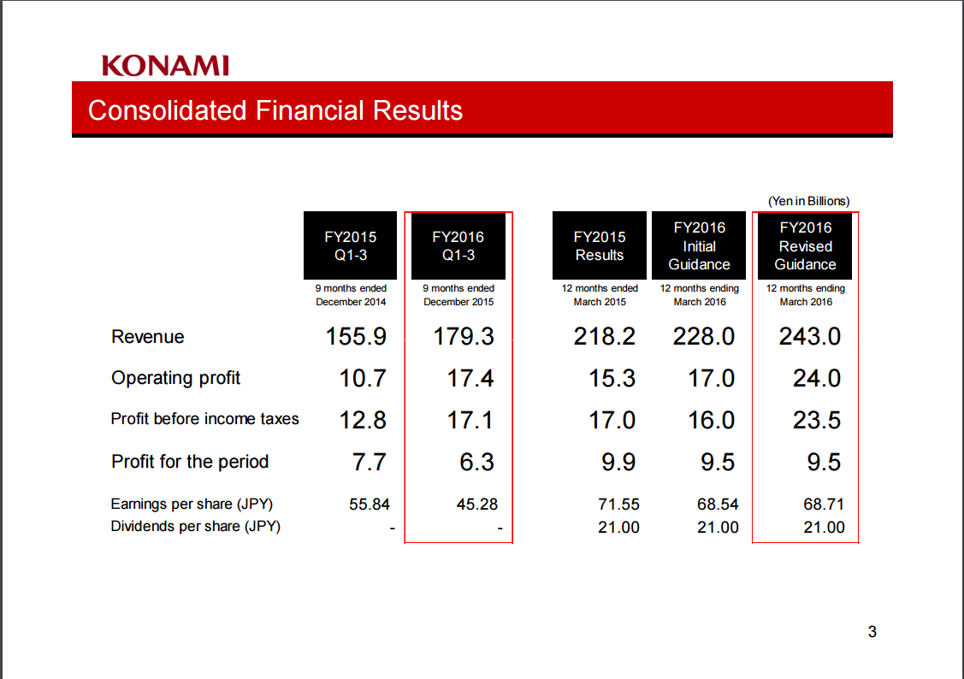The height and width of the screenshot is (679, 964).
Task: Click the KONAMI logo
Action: (x=165, y=66)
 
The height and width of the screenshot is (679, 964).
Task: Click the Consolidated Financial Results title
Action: (x=275, y=110)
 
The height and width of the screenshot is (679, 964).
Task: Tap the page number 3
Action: (x=872, y=632)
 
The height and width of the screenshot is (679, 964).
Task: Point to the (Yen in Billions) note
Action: (x=808, y=201)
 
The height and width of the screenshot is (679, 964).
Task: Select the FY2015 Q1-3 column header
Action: (x=351, y=245)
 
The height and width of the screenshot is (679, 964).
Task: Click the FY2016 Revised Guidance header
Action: (x=806, y=245)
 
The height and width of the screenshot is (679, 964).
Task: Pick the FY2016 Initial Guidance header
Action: (x=699, y=245)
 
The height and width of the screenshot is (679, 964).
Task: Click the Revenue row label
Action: (x=147, y=337)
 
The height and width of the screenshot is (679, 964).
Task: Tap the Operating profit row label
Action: (x=176, y=378)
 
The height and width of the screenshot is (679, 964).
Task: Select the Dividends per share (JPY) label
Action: (x=196, y=527)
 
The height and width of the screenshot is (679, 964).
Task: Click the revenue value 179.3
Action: (x=464, y=337)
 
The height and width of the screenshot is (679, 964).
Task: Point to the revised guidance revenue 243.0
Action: (x=810, y=337)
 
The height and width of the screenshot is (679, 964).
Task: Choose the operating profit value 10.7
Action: (x=363, y=379)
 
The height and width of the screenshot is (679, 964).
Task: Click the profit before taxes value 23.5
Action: (x=816, y=420)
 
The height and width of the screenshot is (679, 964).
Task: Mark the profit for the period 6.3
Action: (x=476, y=462)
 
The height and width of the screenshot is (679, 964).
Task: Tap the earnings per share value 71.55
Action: (x=618, y=505)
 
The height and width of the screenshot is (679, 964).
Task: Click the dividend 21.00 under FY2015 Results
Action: (x=618, y=528)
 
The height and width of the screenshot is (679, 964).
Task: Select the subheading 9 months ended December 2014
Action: (x=351, y=295)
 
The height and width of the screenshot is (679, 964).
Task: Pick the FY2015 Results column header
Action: (x=600, y=245)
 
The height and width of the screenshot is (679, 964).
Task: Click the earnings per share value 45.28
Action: (x=477, y=505)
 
